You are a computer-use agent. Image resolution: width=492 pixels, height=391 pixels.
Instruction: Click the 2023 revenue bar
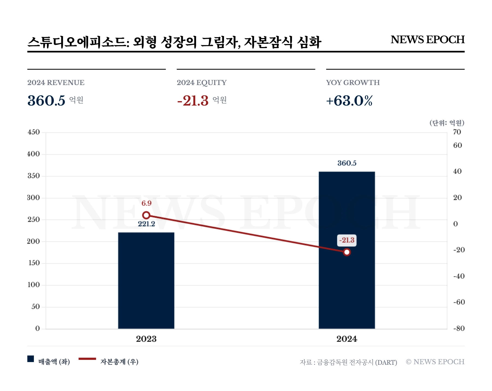point(146,280)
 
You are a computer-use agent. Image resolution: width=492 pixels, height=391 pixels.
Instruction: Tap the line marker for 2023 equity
point(146,215)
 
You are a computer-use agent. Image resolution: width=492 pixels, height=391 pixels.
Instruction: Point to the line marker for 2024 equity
point(347,252)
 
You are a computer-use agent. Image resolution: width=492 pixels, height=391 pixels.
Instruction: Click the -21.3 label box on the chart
point(347,240)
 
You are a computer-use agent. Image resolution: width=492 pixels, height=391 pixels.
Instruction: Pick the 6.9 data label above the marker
point(146,203)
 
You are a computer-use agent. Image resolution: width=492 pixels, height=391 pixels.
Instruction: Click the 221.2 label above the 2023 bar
point(146,224)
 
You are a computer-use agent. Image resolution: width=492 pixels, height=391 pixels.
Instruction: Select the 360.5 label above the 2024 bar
point(347,163)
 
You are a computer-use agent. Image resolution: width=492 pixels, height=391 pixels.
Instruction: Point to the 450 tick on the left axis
point(34,132)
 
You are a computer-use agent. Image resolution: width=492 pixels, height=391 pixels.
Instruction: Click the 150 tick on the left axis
point(34,263)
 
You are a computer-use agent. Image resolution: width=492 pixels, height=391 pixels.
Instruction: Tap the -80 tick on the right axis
point(459,328)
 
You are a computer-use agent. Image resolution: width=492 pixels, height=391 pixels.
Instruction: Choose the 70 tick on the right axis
point(457,132)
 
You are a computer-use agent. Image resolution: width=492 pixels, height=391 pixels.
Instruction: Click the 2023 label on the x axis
point(146,339)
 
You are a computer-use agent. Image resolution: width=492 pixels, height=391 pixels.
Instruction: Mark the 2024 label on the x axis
point(347,339)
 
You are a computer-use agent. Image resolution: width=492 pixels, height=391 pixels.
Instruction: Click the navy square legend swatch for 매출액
point(31,359)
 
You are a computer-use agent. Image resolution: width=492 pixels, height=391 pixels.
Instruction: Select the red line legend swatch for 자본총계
point(87,359)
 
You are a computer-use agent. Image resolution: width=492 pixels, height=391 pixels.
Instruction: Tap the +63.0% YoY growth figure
point(349,101)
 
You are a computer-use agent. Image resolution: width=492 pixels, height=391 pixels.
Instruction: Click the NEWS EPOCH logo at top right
point(427,40)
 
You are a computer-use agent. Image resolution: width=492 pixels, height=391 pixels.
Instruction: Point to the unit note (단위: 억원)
point(447,123)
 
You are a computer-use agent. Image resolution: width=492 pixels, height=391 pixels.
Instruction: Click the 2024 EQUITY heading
point(201,83)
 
